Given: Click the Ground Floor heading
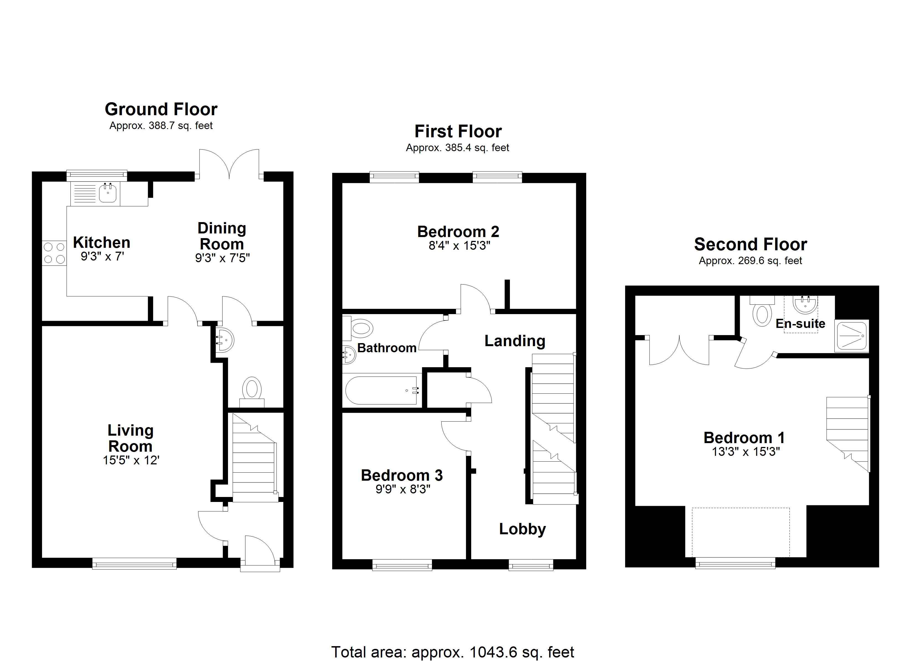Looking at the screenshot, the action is coord(161,109).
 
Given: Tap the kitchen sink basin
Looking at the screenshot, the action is coord(108,194).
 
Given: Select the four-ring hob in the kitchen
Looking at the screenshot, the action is coord(54,253).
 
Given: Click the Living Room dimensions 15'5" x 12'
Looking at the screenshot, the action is coord(131,460).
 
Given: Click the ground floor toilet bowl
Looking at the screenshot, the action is coord(252,389).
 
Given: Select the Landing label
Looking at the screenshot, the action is coord(515,341).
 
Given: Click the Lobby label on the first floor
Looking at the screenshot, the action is coord(522,529).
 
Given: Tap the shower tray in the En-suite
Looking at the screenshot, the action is coord(851,335).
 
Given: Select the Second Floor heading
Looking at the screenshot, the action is coord(750,244).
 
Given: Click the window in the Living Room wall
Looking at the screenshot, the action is coord(134,563).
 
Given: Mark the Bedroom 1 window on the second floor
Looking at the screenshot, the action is coord(735,563).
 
